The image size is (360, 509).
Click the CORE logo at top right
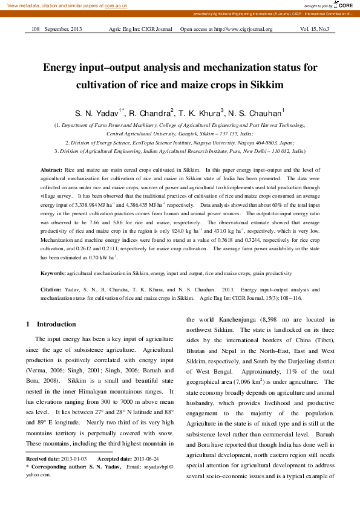point(344,5)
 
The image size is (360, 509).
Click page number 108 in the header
point(35,29)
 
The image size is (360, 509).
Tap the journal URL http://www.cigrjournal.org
point(239,29)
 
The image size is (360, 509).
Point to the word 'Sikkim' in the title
point(266,85)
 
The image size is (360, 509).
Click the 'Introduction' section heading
point(55,324)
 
